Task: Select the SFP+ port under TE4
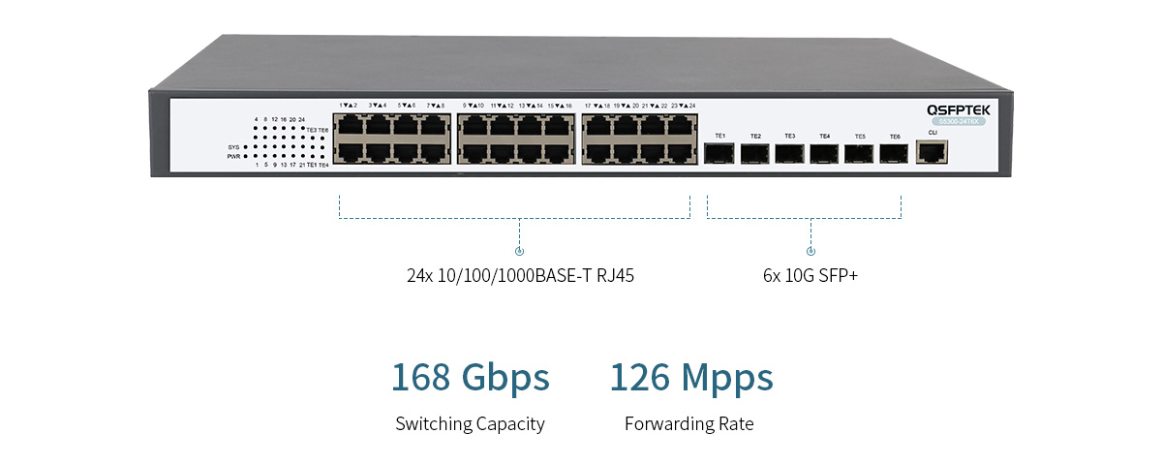click(824, 153)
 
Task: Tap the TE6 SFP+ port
click(894, 153)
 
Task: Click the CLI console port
click(933, 152)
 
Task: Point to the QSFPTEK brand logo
click(958, 110)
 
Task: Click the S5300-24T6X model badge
click(958, 122)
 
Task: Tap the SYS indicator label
click(232, 147)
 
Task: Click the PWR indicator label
click(232, 156)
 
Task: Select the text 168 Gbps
click(470, 377)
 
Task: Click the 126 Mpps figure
click(691, 377)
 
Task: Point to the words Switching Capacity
click(470, 423)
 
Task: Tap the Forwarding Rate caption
click(688, 423)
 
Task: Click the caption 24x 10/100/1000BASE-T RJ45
click(520, 275)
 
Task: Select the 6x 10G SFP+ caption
click(810, 275)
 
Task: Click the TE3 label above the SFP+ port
click(789, 136)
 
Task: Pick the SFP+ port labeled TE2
click(754, 153)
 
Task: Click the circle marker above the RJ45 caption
click(520, 251)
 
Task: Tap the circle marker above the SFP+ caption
click(810, 251)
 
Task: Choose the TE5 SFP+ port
click(859, 153)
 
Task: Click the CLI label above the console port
click(933, 132)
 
